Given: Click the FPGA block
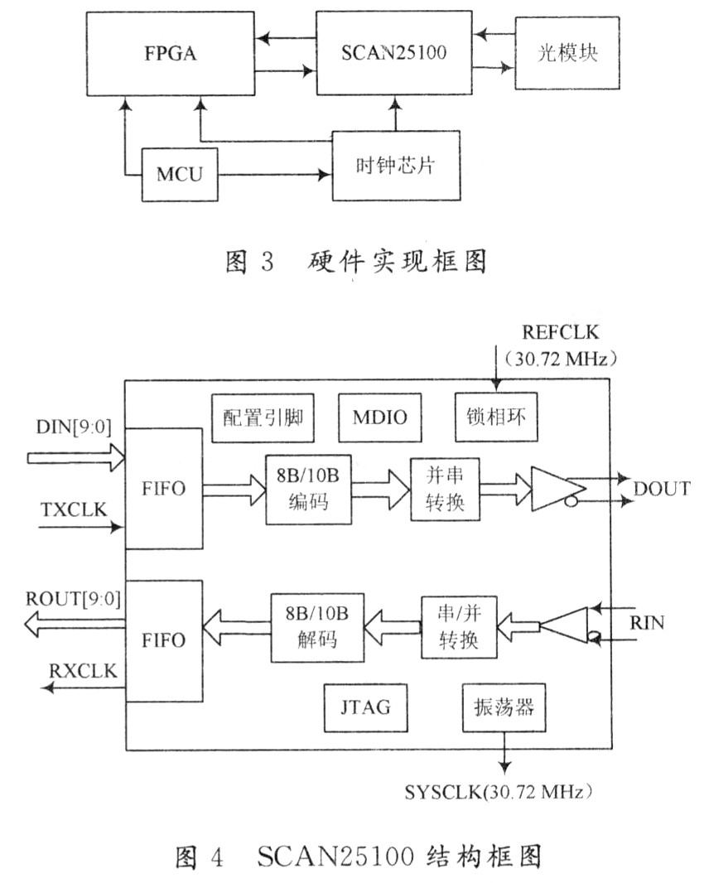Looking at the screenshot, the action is pyautogui.click(x=170, y=54).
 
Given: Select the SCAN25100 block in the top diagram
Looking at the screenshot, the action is pyautogui.click(x=393, y=52).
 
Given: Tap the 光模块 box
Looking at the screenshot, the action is pyautogui.click(x=567, y=53).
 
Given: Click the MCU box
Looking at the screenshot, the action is pyautogui.click(x=180, y=175).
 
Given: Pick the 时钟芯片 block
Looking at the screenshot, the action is pyautogui.click(x=396, y=166).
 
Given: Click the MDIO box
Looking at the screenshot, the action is pyautogui.click(x=379, y=417).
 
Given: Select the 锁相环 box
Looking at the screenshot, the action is pyautogui.click(x=496, y=417).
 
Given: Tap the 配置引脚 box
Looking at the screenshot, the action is pyautogui.click(x=263, y=417).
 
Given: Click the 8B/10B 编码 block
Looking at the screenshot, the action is pyautogui.click(x=309, y=490).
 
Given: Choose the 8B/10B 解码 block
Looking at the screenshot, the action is pyautogui.click(x=317, y=627).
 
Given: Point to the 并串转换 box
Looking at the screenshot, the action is pyautogui.click(x=445, y=489).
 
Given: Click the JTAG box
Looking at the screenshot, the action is pyautogui.click(x=365, y=707).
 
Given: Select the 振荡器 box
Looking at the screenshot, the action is pyautogui.click(x=504, y=707).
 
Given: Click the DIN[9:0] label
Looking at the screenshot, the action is pyautogui.click(x=74, y=427).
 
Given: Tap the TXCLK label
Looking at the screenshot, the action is pyautogui.click(x=74, y=509).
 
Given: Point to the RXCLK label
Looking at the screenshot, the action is pyautogui.click(x=83, y=671).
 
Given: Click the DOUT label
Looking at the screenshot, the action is pyautogui.click(x=662, y=489).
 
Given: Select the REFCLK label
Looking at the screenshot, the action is pyautogui.click(x=561, y=332).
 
